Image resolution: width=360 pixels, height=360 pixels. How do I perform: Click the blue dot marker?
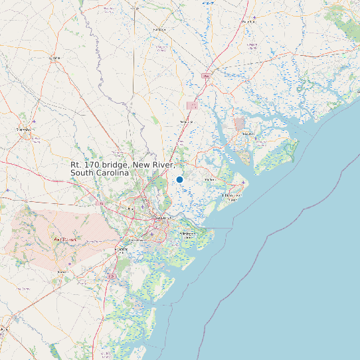tap(179, 179)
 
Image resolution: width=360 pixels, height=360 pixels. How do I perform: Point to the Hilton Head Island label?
tap(230, 197)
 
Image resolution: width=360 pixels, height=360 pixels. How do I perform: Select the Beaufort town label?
tap(248, 134)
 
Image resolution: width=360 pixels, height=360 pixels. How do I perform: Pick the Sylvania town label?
tap(54, 58)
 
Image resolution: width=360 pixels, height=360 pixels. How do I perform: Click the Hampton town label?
tap(159, 30)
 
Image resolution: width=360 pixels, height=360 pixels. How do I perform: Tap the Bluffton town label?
tap(211, 179)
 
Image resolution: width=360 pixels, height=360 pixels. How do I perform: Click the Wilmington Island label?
tap(187, 235)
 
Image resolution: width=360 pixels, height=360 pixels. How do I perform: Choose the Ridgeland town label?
tap(186, 122)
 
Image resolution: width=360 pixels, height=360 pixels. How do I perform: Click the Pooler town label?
tap(131, 209)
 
